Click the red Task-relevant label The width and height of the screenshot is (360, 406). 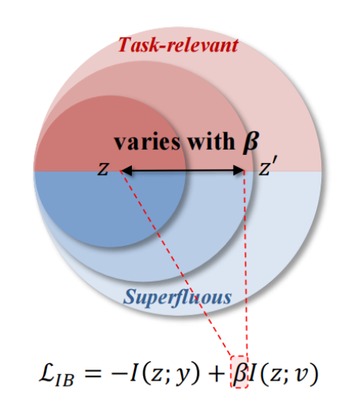pos(178,45)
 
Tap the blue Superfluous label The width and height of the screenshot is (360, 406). pos(177,297)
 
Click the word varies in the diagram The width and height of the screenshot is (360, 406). pos(148,142)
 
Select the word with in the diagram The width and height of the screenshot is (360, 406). pos(212,141)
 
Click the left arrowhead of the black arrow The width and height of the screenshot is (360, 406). pos(127,171)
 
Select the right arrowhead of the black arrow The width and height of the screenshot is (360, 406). pos(239,171)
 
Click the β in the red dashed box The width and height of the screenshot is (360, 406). pos(239,373)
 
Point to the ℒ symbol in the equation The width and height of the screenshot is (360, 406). pos(47,372)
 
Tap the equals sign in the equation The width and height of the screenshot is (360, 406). pos(92,373)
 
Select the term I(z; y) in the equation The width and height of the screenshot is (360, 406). pos(165,373)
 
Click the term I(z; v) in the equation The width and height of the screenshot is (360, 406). pos(283,373)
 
